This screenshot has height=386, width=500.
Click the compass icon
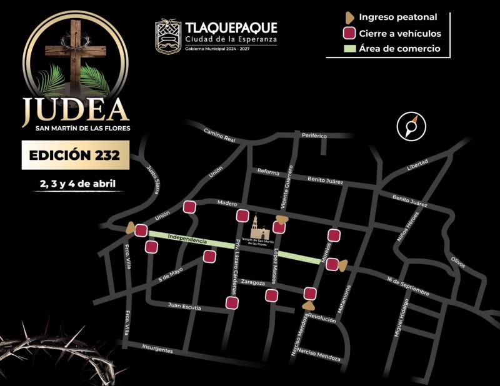410,126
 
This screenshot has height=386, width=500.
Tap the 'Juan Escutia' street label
184,306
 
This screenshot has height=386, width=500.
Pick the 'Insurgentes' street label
157,349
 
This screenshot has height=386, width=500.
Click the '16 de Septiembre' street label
407,286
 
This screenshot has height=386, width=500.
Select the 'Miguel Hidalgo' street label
401,318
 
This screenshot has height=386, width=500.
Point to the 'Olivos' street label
457,262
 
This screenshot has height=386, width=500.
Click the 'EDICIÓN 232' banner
76,155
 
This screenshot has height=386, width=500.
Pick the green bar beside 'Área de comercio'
349,49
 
